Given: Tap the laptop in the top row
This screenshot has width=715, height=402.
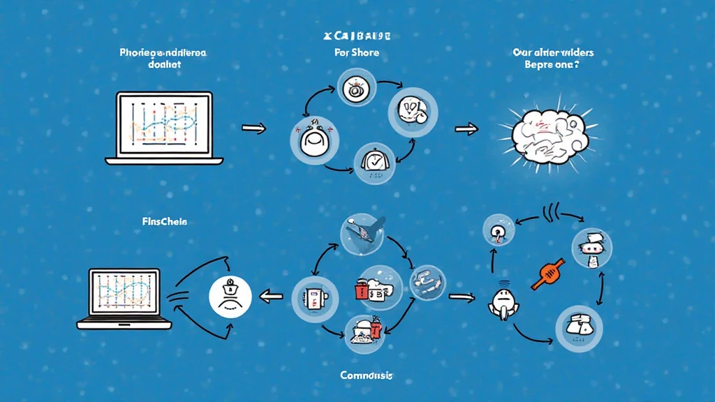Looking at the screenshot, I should (x=163, y=128).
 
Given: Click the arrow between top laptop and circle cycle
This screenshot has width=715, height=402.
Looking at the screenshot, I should (x=253, y=128).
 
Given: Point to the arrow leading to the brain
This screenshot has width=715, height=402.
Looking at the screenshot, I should (x=466, y=128).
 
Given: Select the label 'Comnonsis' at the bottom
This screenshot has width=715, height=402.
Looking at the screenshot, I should (x=366, y=375).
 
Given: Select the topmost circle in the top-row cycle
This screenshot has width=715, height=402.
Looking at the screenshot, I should (x=357, y=89).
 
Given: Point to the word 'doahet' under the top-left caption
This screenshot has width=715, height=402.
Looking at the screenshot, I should (x=165, y=64).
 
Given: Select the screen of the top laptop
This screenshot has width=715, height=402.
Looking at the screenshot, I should (x=163, y=124).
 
